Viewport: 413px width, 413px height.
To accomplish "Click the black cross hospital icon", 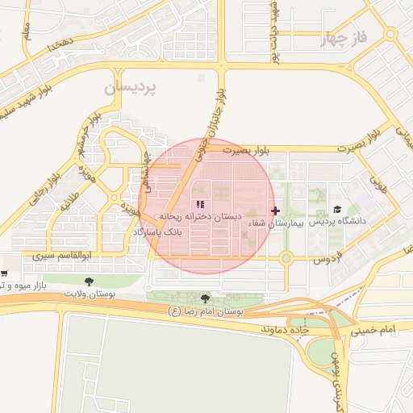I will pyautogui.click(x=276, y=211).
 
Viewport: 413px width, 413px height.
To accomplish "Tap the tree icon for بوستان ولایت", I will pyautogui.click(x=89, y=282).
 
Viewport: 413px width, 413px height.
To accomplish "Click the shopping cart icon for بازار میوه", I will pyautogui.click(x=5, y=274).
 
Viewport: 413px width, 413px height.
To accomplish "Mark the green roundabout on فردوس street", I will pyautogui.click(x=286, y=258).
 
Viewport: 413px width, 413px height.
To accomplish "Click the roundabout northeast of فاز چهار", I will pyautogui.click(x=390, y=34).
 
